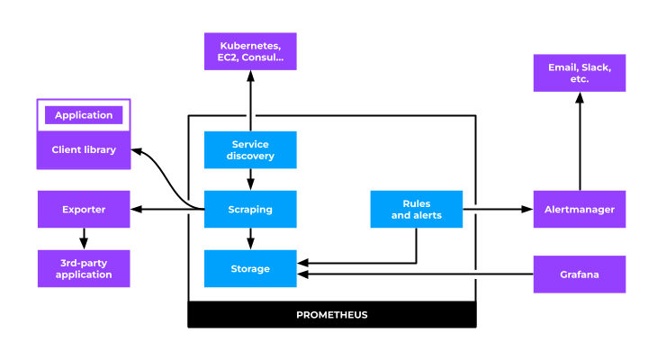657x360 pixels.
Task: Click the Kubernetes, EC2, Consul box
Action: click(x=250, y=51)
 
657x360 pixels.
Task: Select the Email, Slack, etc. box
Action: click(x=579, y=73)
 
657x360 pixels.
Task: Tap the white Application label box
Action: click(x=84, y=115)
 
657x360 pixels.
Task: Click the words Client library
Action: click(x=84, y=149)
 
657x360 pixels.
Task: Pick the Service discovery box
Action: click(x=250, y=150)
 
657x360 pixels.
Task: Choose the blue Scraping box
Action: click(x=250, y=209)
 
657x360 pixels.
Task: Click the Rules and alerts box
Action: click(x=416, y=209)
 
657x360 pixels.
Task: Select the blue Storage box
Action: click(x=250, y=268)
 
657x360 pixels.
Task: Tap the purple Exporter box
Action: click(x=84, y=209)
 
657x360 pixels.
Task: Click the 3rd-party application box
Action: click(x=84, y=268)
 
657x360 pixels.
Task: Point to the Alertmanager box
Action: click(x=579, y=209)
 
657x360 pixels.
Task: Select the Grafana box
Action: click(x=579, y=274)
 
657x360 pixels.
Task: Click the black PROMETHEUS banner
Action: click(x=331, y=315)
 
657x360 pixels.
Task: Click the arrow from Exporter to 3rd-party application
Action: click(x=84, y=238)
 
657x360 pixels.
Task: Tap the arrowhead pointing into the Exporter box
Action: click(x=136, y=209)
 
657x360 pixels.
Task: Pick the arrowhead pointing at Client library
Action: click(x=136, y=150)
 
